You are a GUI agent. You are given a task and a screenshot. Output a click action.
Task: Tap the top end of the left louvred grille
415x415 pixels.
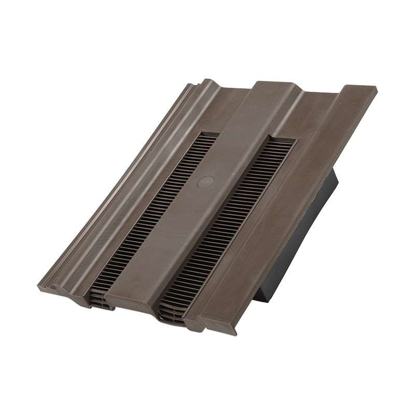[x=207, y=136]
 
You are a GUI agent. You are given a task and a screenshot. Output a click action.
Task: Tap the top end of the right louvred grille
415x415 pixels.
[x=283, y=141]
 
